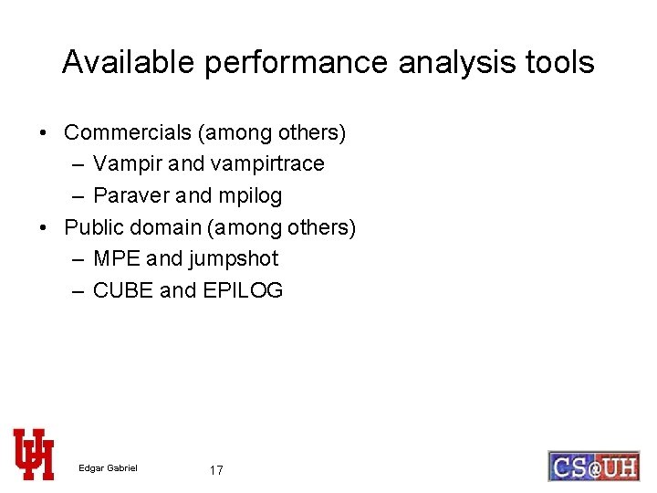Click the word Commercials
click(x=128, y=132)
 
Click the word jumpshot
click(x=234, y=259)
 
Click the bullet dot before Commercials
click(x=44, y=133)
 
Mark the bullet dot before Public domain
click(x=44, y=227)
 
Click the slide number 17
click(x=216, y=470)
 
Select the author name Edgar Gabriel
click(x=108, y=468)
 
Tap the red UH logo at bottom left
click(x=34, y=454)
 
